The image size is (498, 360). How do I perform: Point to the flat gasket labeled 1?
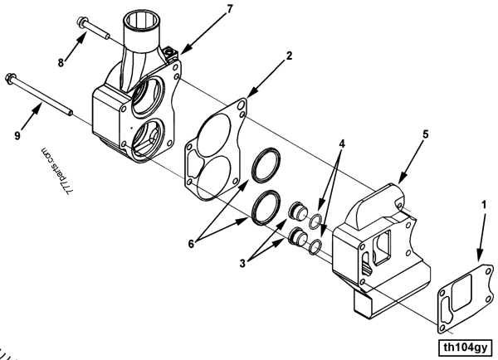click(x=464, y=294)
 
